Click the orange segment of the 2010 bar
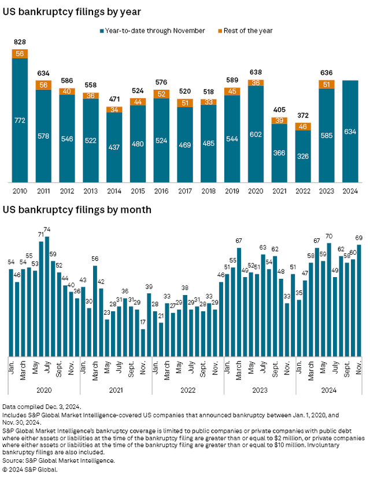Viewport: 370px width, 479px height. coord(20,54)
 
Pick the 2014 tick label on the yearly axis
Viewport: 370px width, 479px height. coord(114,190)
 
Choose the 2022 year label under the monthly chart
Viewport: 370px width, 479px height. coord(187,390)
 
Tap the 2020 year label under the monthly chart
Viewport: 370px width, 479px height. coord(44,390)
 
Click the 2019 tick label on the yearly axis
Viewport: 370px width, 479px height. coord(232,190)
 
